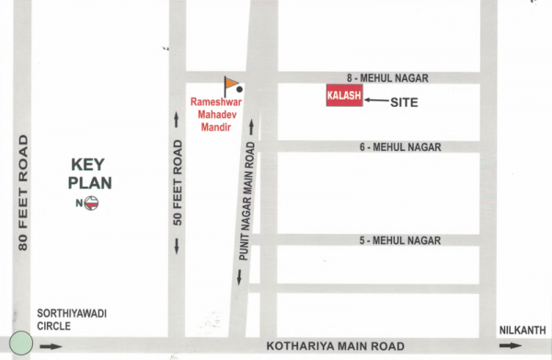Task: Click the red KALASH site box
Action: coord(344,96)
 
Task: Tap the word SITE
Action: coord(404,102)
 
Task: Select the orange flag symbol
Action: coord(230,83)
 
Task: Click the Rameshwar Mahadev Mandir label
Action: coord(213,113)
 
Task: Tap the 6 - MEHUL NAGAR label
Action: coord(400,147)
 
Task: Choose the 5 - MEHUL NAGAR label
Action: coord(400,240)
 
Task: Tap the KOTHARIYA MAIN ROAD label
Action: coord(335,347)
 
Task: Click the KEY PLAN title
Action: coord(91,174)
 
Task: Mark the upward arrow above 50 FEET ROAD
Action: coord(178,119)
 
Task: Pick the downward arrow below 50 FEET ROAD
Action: coord(178,246)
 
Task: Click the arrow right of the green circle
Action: coord(52,347)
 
